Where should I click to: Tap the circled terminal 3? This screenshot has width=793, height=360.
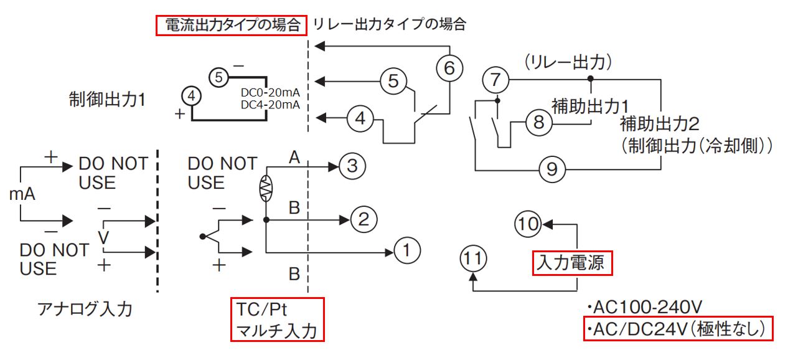[x=351, y=166]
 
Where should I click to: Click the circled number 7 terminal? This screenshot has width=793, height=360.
[x=495, y=80]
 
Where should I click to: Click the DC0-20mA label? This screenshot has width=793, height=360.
[x=270, y=92]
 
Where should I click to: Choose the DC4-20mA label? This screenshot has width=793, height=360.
[x=270, y=105]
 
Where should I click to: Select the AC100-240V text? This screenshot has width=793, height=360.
[x=645, y=308]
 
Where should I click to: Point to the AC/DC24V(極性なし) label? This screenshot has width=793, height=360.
[x=678, y=328]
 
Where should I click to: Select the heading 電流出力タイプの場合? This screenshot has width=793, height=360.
[x=232, y=26]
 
